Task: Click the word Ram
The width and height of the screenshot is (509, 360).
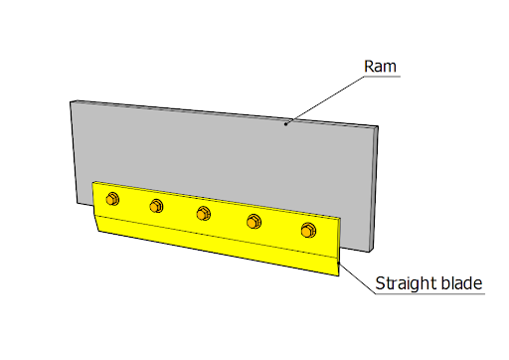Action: [x=380, y=67]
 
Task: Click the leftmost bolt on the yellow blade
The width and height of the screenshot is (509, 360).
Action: [x=112, y=199]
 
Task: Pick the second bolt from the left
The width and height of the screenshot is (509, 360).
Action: [x=156, y=206]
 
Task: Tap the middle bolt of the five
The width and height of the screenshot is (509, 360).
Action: [x=203, y=213]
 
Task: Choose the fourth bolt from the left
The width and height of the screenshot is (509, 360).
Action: [x=254, y=221]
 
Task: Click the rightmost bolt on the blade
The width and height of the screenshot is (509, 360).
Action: [x=308, y=230]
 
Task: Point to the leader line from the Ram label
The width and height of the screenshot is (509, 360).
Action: [x=325, y=100]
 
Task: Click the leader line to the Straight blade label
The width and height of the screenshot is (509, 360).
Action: [x=357, y=278]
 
